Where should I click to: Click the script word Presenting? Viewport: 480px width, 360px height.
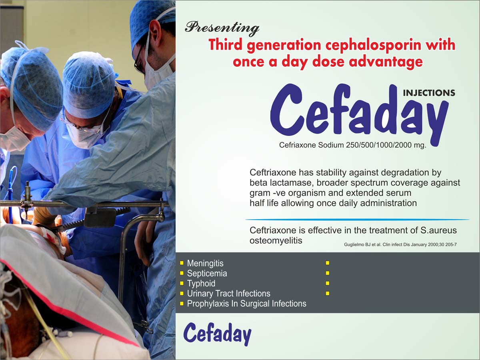click(222, 29)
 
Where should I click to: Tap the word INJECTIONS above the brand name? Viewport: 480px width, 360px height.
click(429, 93)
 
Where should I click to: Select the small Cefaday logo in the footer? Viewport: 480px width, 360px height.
click(217, 334)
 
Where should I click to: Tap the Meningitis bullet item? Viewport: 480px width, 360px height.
click(205, 263)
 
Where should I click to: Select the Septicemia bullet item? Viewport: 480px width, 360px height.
click(207, 273)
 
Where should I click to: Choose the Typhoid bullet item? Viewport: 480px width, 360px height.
click(201, 283)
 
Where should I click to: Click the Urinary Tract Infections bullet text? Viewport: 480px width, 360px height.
click(228, 293)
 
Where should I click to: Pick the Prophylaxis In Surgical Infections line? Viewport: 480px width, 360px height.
click(247, 303)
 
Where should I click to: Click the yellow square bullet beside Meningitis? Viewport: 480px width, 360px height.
click(182, 263)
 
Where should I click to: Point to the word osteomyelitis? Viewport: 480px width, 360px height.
click(276, 240)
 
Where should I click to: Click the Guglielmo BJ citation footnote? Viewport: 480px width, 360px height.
click(400, 244)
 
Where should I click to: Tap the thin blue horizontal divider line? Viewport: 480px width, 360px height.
click(357, 219)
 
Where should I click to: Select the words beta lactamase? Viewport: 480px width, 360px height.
click(282, 183)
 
